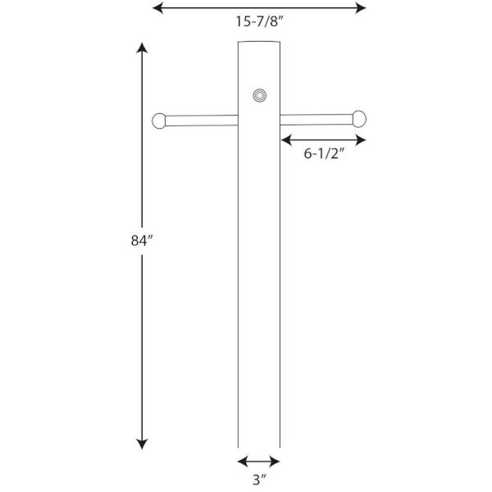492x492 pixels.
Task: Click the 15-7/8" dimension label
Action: coord(259,21)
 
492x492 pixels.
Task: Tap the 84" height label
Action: coord(142,240)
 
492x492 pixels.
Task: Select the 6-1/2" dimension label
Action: coord(325,153)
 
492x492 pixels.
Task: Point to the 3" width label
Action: coord(259,480)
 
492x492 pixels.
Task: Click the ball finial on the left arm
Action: coord(159,121)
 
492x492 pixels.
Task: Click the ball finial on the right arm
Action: coord(359,119)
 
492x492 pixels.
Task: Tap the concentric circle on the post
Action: coord(260,95)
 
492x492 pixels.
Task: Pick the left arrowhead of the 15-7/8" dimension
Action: coord(157,8)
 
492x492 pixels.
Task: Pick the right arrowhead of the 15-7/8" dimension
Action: coord(361,8)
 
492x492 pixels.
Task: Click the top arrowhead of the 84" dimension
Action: coord(142,48)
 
